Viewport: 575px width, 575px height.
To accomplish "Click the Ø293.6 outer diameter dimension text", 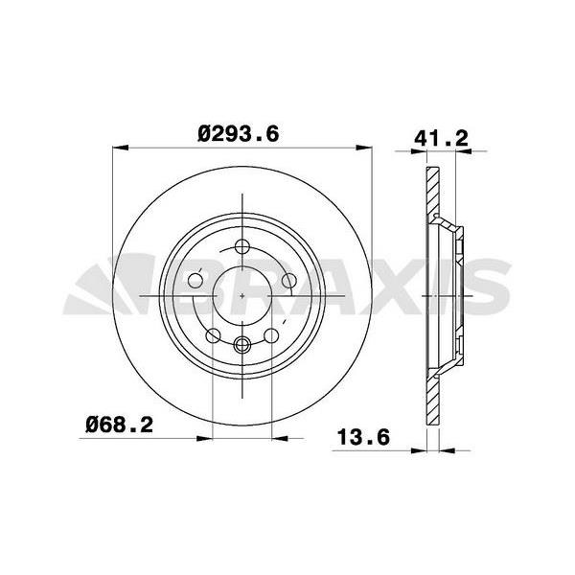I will (x=239, y=136).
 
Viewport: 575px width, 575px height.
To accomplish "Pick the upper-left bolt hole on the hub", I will (x=196, y=281).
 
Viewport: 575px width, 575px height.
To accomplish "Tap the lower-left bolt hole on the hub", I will (x=213, y=334).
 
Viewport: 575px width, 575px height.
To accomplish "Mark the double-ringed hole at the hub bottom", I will (x=241, y=344).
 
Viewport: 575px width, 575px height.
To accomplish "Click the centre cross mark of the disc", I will (x=241, y=295).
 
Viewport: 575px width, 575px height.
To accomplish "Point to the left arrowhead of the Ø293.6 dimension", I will (x=118, y=148).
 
